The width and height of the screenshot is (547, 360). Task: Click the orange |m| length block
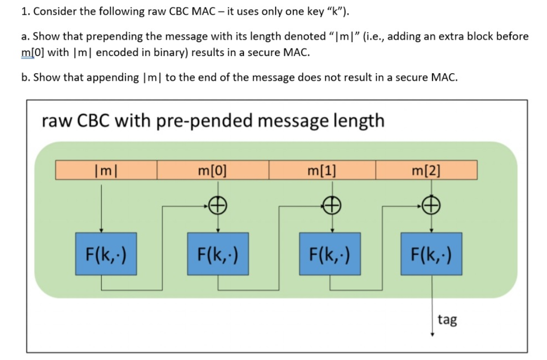click(x=106, y=171)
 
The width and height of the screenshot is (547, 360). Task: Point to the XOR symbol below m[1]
click(x=333, y=204)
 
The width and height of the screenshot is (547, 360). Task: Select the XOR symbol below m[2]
click(x=432, y=203)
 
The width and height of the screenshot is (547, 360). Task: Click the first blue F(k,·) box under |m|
click(x=106, y=254)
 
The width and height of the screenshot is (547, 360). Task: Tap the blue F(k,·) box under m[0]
click(x=217, y=254)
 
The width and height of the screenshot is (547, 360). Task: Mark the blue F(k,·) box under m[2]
click(x=432, y=254)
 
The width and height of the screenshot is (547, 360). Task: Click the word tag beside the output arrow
click(x=447, y=320)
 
